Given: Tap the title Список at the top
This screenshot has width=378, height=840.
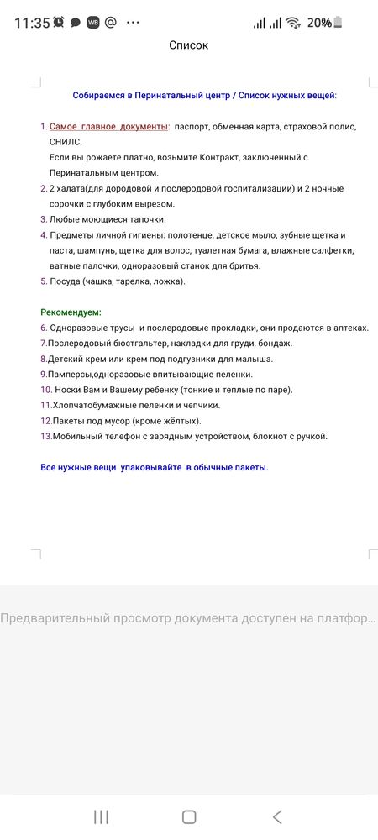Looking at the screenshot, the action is (188, 45).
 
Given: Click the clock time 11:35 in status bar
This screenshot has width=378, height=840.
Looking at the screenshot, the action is (32, 23).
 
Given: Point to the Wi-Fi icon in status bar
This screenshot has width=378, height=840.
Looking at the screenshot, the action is (292, 23).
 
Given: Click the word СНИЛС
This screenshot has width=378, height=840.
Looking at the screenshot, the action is (66, 142).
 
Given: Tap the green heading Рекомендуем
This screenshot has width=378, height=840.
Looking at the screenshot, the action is (71, 312).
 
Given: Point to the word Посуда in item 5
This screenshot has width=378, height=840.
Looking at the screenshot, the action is (67, 281).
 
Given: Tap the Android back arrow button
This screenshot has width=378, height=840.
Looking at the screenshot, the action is (277, 816).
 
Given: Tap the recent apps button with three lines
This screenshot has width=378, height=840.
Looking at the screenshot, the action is (101, 816).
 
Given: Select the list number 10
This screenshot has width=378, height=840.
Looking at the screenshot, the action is (46, 390).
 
